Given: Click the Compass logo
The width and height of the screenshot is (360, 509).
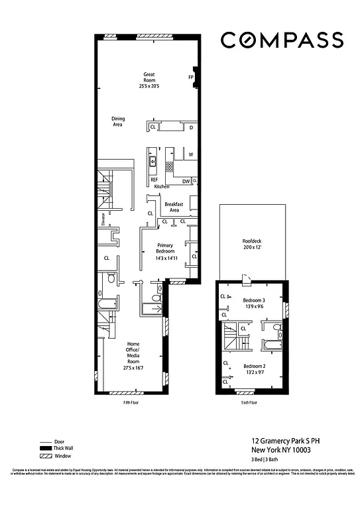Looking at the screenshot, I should click(x=282, y=40).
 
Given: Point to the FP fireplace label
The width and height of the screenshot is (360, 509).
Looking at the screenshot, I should click(x=191, y=77).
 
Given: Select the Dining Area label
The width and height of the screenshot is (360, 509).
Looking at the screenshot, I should click(x=117, y=121).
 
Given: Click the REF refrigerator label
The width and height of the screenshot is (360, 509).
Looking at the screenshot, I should click(x=154, y=180).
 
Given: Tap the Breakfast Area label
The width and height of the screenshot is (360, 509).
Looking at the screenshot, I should click(x=174, y=207).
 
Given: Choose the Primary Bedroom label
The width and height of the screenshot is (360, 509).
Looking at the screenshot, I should click(x=165, y=249).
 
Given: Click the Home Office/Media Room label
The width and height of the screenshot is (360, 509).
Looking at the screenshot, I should click(x=133, y=355).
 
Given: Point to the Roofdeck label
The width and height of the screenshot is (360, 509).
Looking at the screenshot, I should click(x=253, y=244).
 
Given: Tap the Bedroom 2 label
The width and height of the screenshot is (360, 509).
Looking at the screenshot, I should click(x=254, y=370).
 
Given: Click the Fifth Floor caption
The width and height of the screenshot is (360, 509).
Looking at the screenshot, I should click(x=131, y=402).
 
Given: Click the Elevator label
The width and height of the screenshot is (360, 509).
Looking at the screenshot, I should click(x=103, y=219).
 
